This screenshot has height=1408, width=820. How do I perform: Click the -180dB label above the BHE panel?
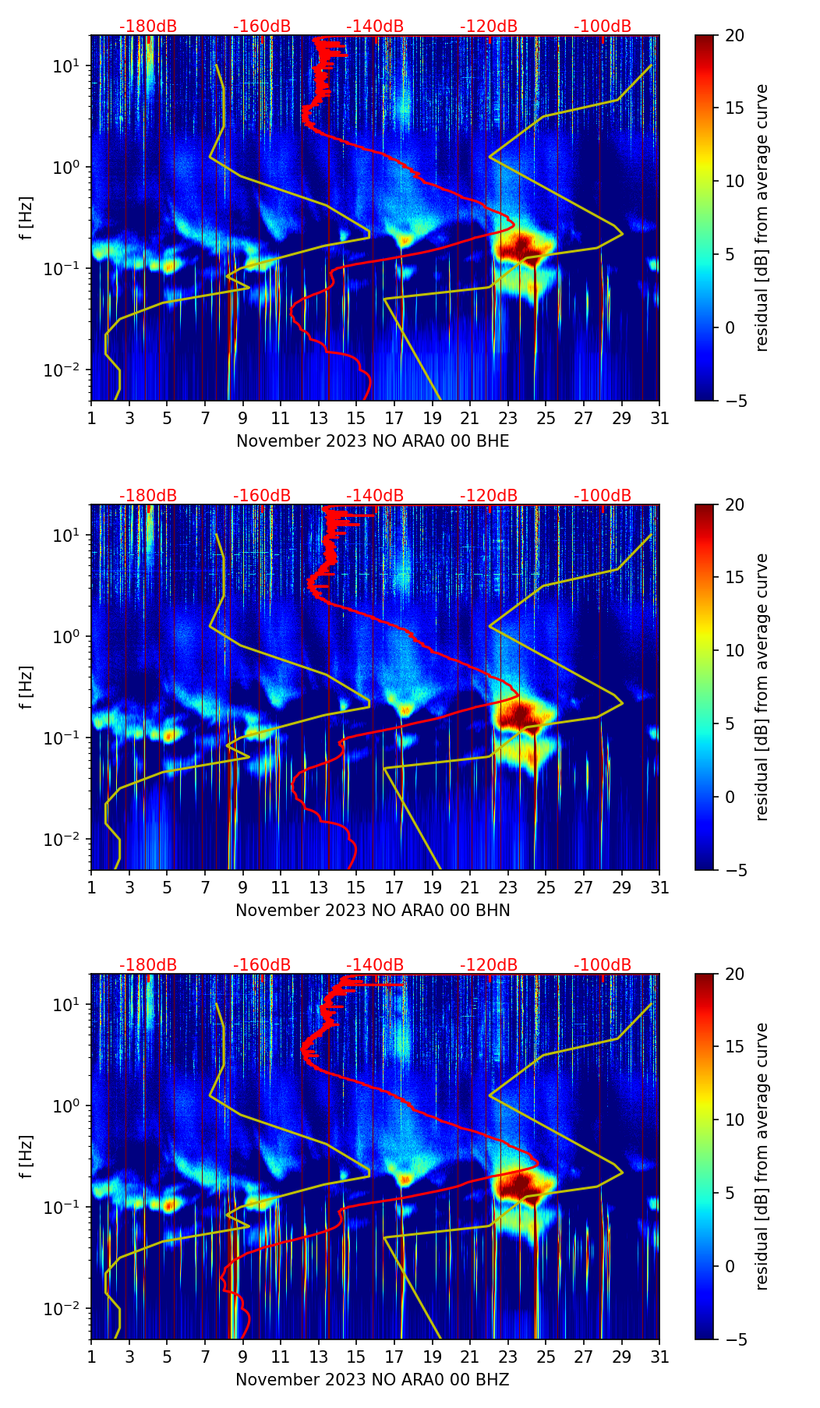click(148, 27)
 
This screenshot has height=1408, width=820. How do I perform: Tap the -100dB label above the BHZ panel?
click(603, 965)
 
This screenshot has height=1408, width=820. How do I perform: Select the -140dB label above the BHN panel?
click(375, 496)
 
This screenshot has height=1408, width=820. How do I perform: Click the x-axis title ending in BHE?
click(373, 441)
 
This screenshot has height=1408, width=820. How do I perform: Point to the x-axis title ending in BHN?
click(373, 911)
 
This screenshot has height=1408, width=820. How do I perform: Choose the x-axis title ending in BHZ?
click(373, 1380)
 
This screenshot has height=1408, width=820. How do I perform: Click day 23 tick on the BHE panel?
click(508, 418)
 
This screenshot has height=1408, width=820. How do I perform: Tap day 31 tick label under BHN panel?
click(659, 887)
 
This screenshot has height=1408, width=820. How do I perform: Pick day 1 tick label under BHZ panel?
click(91, 1357)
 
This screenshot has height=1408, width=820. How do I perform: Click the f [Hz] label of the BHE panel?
click(27, 218)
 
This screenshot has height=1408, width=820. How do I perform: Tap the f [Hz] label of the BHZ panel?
click(27, 1157)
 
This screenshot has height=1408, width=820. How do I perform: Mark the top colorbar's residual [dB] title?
click(762, 218)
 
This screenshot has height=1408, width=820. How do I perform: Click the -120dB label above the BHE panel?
click(489, 27)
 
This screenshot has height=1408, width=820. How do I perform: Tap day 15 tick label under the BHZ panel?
click(356, 1357)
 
